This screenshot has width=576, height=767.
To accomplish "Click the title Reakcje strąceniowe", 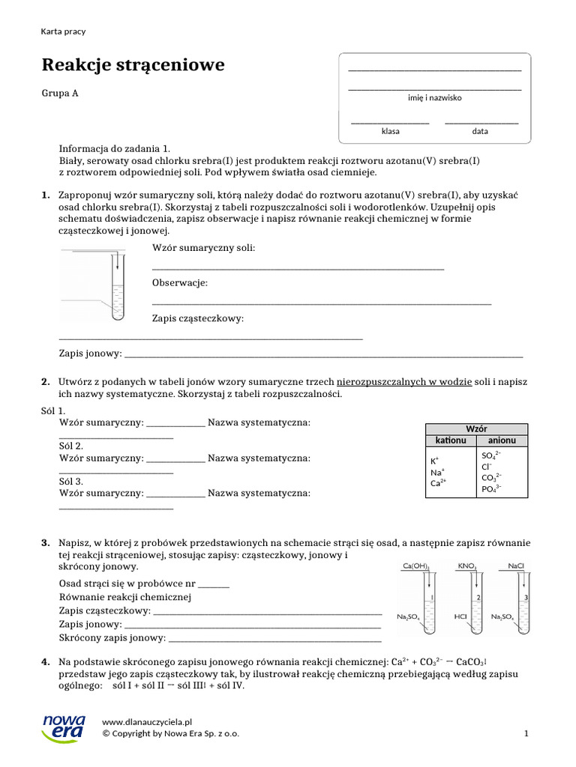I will click(133, 65).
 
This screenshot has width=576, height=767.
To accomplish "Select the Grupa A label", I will click(59, 94).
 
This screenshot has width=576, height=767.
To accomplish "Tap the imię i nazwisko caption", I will click(434, 98).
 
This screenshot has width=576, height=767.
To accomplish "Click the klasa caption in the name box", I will click(390, 131).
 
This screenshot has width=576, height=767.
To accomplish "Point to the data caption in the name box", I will click(480, 131).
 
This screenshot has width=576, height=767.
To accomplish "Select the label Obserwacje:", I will click(179, 283).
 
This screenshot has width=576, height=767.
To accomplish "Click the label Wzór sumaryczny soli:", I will click(203, 247).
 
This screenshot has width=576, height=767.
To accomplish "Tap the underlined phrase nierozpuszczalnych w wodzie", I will click(404, 382).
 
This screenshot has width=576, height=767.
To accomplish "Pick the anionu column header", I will click(502, 440).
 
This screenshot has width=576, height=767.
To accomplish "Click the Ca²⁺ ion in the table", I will click(438, 483).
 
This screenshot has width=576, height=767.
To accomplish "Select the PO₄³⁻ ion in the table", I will click(491, 489).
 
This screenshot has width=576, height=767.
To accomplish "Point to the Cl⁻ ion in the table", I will click(487, 466).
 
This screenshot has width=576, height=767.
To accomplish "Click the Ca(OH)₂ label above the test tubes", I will click(416, 566).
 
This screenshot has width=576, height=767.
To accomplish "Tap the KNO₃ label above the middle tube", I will click(466, 566).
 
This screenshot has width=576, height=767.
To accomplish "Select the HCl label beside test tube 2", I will click(460, 616).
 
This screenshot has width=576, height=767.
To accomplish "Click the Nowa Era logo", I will click(64, 727).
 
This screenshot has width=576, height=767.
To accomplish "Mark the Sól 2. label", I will click(72, 446).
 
